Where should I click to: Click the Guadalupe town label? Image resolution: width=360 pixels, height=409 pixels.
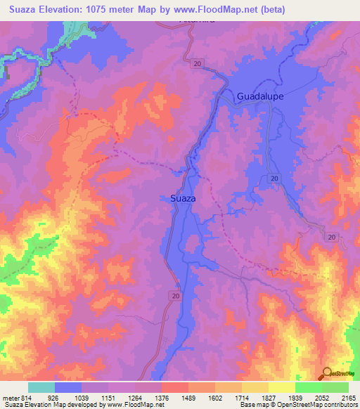click(261, 96)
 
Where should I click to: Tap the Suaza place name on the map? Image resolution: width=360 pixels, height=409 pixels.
click(183, 199)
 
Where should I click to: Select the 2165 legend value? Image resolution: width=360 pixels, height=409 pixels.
click(347, 398)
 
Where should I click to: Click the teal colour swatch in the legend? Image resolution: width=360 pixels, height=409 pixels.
click(41, 387)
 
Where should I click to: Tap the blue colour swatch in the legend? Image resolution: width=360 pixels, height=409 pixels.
click(68, 387)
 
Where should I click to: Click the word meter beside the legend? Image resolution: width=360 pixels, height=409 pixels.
click(10, 398)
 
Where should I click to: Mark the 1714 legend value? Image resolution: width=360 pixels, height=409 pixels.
click(255, 398)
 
